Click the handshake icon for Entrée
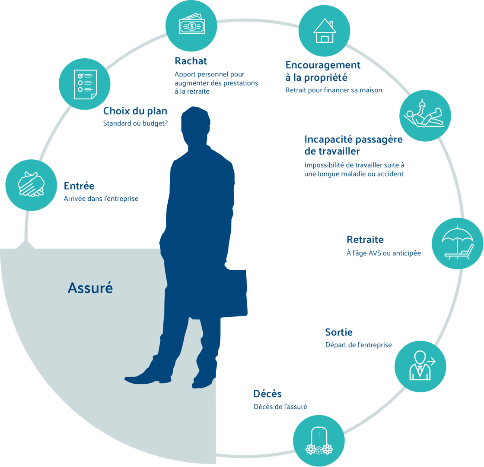[x=31, y=185]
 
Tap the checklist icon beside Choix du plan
[x=84, y=84]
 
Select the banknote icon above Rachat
[x=191, y=26]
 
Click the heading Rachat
[x=191, y=61]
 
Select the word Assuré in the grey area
[x=90, y=288]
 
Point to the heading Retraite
[x=365, y=240]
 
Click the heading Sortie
[x=339, y=332]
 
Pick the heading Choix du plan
[x=135, y=111]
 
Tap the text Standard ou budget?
[x=135, y=123]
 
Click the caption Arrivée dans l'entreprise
[x=101, y=199]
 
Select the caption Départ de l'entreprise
[x=358, y=345]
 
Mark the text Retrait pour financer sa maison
[x=334, y=90]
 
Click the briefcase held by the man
[x=233, y=293]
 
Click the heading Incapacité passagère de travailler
[x=353, y=145]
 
